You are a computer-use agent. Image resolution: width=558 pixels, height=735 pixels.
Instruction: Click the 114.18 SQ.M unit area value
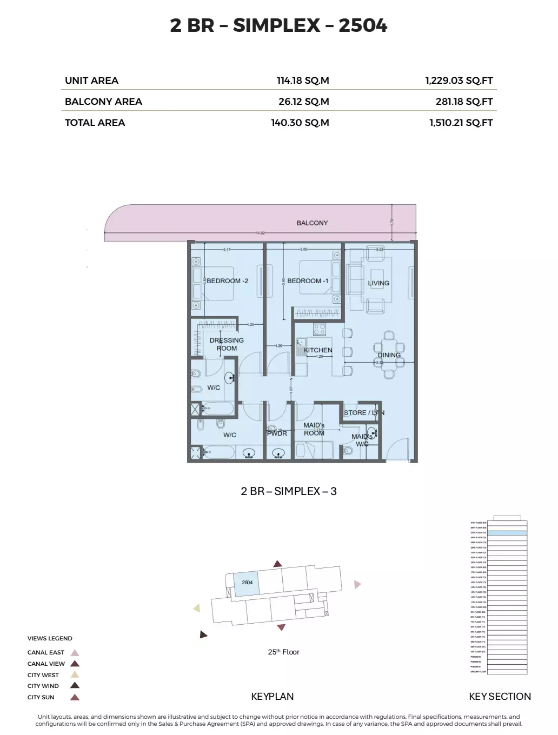[303, 81]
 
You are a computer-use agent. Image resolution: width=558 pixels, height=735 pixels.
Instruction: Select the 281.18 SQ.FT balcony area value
[464, 102]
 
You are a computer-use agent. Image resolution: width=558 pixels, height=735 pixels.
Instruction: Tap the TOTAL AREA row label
[95, 123]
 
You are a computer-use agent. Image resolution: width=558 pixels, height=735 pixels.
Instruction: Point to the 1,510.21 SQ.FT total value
[461, 123]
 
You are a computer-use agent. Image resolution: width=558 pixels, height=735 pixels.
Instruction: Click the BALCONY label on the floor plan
[312, 223]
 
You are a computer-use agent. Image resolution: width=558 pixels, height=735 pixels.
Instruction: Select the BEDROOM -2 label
[227, 281]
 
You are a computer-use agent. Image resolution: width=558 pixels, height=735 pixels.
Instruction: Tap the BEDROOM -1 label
[308, 281]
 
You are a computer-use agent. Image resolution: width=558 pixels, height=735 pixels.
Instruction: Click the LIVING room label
[378, 283]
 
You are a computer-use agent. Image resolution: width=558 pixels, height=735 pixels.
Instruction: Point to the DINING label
[389, 355]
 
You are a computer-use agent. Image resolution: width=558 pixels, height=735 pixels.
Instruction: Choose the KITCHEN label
[318, 350]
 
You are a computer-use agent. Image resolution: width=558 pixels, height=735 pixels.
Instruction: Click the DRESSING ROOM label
[227, 344]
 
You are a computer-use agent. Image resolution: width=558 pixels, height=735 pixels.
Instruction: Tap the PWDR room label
[277, 433]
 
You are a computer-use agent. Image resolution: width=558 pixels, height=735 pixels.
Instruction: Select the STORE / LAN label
[364, 412]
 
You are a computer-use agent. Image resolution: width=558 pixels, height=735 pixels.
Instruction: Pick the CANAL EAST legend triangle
[75, 653]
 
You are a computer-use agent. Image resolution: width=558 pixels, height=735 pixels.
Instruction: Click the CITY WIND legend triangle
[75, 686]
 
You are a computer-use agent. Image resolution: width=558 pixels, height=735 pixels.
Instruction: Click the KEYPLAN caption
[273, 697]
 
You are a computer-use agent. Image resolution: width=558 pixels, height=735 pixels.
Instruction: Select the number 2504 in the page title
[363, 25]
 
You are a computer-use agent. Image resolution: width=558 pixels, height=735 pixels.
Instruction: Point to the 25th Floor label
[283, 652]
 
